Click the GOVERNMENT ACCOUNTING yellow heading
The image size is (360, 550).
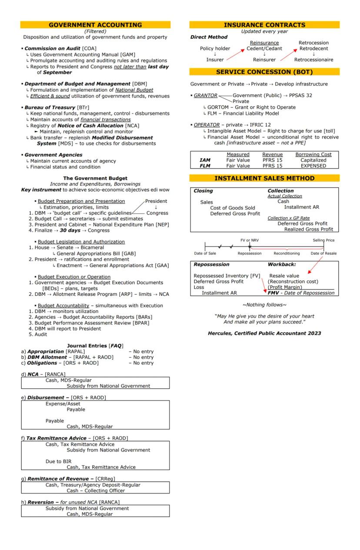pyautogui.click(x=95, y=25)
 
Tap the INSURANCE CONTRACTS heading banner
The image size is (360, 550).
pyautogui.click(x=264, y=25)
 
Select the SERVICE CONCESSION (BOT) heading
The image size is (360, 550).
pyautogui.click(x=264, y=72)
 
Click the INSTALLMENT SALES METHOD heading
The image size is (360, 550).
pyautogui.click(x=264, y=178)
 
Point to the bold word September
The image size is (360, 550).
pyautogui.click(x=54, y=72)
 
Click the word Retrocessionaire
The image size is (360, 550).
pyautogui.click(x=313, y=60)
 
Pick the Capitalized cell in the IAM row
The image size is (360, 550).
pyautogui.click(x=313, y=160)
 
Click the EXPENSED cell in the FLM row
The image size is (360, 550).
pyautogui.click(x=313, y=166)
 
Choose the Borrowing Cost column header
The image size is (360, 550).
pyautogui.click(x=313, y=154)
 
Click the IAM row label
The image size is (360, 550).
pyautogui.click(x=206, y=160)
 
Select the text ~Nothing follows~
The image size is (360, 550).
pyautogui.click(x=264, y=305)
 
